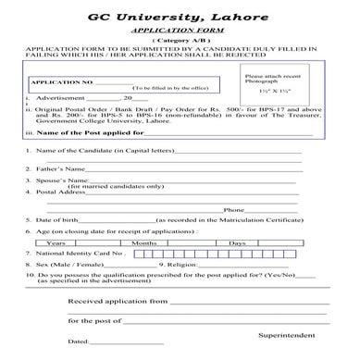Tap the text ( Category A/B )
pyautogui.click(x=180, y=43)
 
